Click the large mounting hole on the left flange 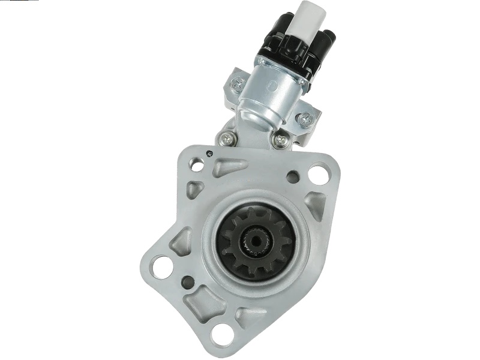pyautogui.click(x=160, y=266)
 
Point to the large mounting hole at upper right pyautogui.click(x=318, y=173)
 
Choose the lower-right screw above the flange pyautogui.click(x=279, y=142)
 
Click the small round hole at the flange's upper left pyautogui.click(x=196, y=163)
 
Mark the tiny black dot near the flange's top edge pyautogui.click(x=209, y=153)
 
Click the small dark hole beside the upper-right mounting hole pyautogui.click(x=293, y=177)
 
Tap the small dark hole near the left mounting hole pyautogui.click(x=188, y=280)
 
